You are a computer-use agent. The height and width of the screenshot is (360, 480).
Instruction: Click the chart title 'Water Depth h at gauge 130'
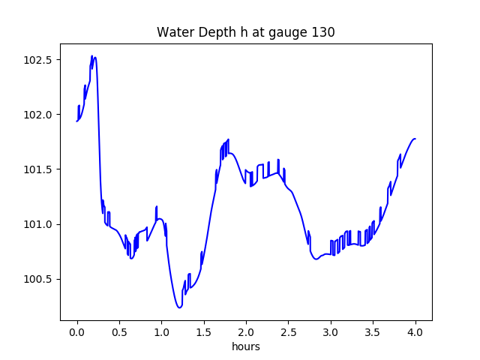tap(245, 32)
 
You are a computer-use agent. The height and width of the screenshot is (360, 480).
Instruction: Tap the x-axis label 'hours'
tap(245, 346)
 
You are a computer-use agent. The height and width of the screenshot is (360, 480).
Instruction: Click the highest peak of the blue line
tap(92, 55)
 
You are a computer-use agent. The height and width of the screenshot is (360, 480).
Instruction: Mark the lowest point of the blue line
tap(179, 307)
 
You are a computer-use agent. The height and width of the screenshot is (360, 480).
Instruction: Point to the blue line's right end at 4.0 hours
tap(415, 139)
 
